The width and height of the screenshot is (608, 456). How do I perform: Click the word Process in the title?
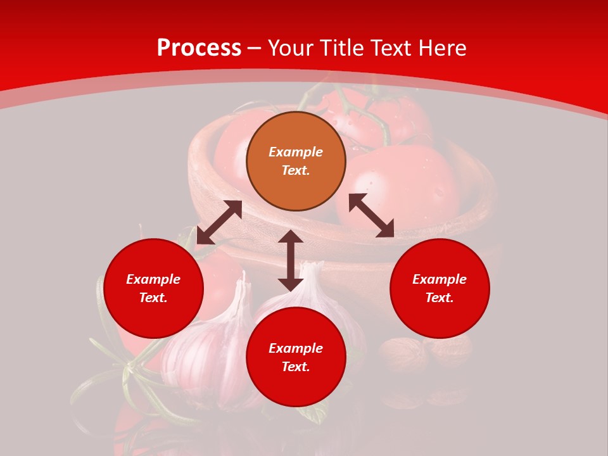(199, 48)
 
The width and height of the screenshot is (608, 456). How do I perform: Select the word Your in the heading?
(290, 48)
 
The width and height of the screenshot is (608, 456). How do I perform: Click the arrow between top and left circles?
(219, 222)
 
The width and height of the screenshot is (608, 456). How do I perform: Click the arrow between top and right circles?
(371, 215)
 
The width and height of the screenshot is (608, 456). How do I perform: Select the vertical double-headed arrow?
(291, 260)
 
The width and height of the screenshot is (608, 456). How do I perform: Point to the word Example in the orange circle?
(296, 152)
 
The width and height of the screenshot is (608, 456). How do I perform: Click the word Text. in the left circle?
(153, 298)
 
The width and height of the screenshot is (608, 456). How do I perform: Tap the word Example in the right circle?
(440, 279)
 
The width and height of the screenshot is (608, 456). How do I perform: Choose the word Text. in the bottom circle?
(296, 367)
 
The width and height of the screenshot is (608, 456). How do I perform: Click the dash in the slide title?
(255, 48)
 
